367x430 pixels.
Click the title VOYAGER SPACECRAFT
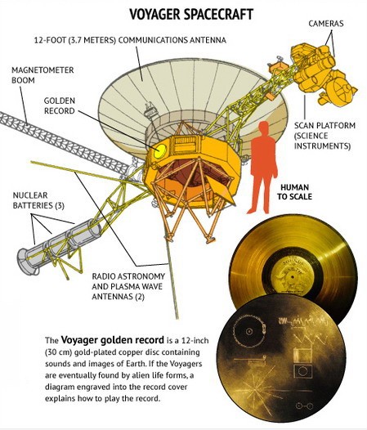[x=191, y=15]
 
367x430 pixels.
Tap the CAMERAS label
[x=326, y=24]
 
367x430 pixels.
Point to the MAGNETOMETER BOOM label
[x=43, y=75]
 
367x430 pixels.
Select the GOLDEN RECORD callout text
[x=59, y=105]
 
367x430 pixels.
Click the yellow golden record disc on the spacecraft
[x=160, y=150]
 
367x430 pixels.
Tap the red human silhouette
[x=262, y=168]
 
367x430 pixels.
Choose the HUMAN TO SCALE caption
[x=294, y=192]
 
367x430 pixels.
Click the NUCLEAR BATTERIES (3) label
[x=38, y=200]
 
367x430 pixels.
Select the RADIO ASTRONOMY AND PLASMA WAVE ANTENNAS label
[x=128, y=286]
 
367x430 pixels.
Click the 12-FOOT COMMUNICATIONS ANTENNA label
[x=130, y=40]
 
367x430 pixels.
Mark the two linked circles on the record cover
[x=304, y=405]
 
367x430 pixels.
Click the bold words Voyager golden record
[x=113, y=340]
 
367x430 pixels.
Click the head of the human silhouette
[x=263, y=128]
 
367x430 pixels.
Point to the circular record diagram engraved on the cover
[x=248, y=331]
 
